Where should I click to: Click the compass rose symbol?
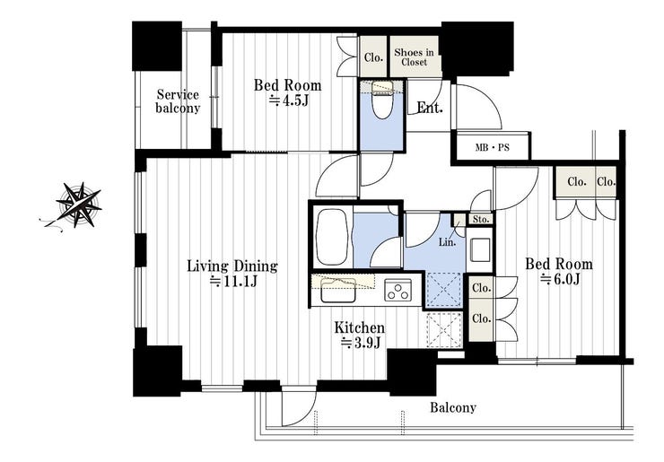[x=79, y=205]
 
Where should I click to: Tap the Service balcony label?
[x=178, y=100]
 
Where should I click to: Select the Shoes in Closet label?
[x=414, y=57]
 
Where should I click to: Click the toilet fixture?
[x=381, y=99]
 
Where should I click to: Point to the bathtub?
[x=332, y=236]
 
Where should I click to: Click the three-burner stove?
[x=398, y=290]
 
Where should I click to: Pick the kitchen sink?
[x=338, y=290]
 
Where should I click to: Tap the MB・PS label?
[x=492, y=148]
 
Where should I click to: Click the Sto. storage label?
[x=481, y=220]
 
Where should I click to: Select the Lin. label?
[x=447, y=242]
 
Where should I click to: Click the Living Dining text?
[x=232, y=266]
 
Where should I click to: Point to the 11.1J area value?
[x=234, y=282]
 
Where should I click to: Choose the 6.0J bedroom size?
[x=560, y=280]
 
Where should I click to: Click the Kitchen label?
[x=360, y=327]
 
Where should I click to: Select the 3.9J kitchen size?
[x=361, y=343]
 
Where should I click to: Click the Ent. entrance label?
[x=430, y=108]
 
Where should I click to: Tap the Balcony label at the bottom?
[x=453, y=408]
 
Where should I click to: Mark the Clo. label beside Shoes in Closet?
[x=373, y=57]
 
